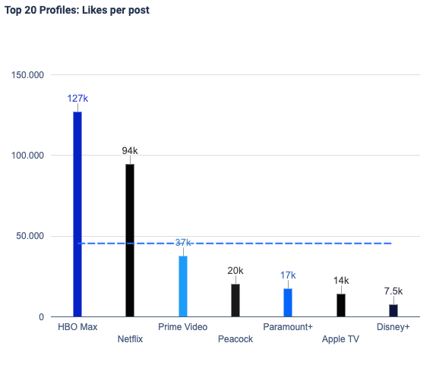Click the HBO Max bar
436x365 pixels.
pyautogui.click(x=77, y=213)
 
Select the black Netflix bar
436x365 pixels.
pyautogui.click(x=130, y=240)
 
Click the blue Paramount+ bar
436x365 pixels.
pyautogui.click(x=288, y=302)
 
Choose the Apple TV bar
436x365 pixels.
pyautogui.click(x=341, y=305)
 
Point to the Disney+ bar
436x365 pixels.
pyautogui.click(x=393, y=310)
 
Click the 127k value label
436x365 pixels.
pyautogui.click(x=77, y=99)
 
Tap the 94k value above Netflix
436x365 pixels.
pyautogui.click(x=130, y=151)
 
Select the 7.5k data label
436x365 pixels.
pyautogui.click(x=393, y=291)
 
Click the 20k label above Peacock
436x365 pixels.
pyautogui.click(x=235, y=271)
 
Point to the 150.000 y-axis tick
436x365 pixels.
pyautogui.click(x=27, y=74)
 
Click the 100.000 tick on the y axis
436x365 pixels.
pyautogui.click(x=27, y=155)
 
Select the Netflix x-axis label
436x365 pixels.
pyautogui.click(x=130, y=339)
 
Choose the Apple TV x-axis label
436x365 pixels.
pyautogui.click(x=341, y=339)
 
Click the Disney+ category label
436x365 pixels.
pyautogui.click(x=393, y=327)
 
